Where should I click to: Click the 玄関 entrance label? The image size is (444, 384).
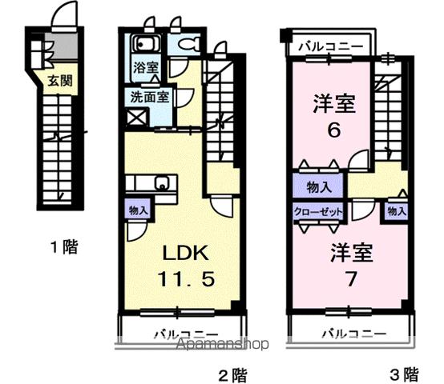pos(57,80)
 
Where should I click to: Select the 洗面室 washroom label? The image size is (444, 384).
pos(150,98)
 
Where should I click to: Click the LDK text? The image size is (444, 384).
pos(186,254)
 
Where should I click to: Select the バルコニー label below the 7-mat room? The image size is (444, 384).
pos(354,331)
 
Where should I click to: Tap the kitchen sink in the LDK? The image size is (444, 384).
pos(163,188)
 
